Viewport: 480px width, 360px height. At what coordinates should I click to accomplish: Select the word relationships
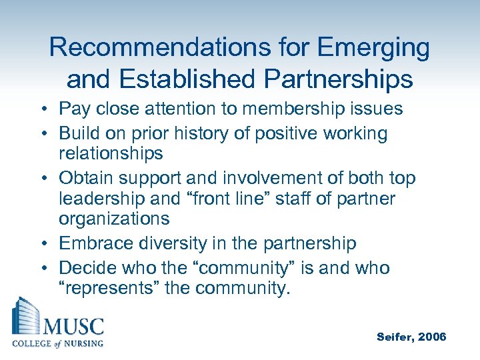point(111,153)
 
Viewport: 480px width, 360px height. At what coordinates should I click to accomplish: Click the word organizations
point(114,219)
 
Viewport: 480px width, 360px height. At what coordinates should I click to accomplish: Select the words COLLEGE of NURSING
point(58,344)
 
